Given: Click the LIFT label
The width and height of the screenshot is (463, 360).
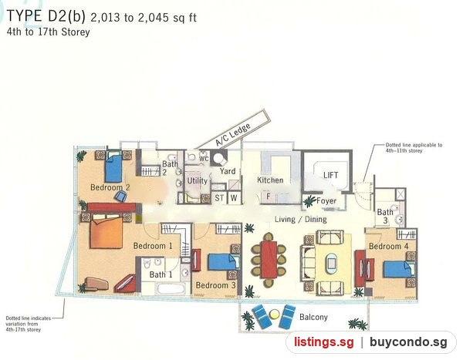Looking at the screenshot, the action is point(330,175).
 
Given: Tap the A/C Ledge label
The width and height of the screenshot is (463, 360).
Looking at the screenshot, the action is point(233,134).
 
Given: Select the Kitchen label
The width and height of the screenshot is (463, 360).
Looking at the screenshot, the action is point(270,180).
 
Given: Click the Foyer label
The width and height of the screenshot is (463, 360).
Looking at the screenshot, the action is point(326,201).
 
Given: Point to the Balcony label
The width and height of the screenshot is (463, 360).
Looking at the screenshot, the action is point(313,317).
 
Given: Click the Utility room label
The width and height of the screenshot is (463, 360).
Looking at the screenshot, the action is point(198,180).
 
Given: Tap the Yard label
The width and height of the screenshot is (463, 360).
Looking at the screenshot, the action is point(228,171).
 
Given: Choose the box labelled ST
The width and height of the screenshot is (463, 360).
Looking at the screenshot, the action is point(219,197).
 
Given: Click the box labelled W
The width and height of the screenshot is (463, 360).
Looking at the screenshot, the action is point(234,197).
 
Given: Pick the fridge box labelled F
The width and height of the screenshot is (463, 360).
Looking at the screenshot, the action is point(268,197).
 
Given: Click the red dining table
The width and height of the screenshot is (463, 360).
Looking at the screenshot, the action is point(269,260).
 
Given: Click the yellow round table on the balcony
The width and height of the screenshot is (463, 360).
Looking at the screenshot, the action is point(274,314).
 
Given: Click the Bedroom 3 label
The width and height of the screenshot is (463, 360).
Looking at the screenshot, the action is point(216,285).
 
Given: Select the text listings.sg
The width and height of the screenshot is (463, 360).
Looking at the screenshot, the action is point(323,342).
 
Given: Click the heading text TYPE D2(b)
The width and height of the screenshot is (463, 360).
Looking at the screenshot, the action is point(46,16).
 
